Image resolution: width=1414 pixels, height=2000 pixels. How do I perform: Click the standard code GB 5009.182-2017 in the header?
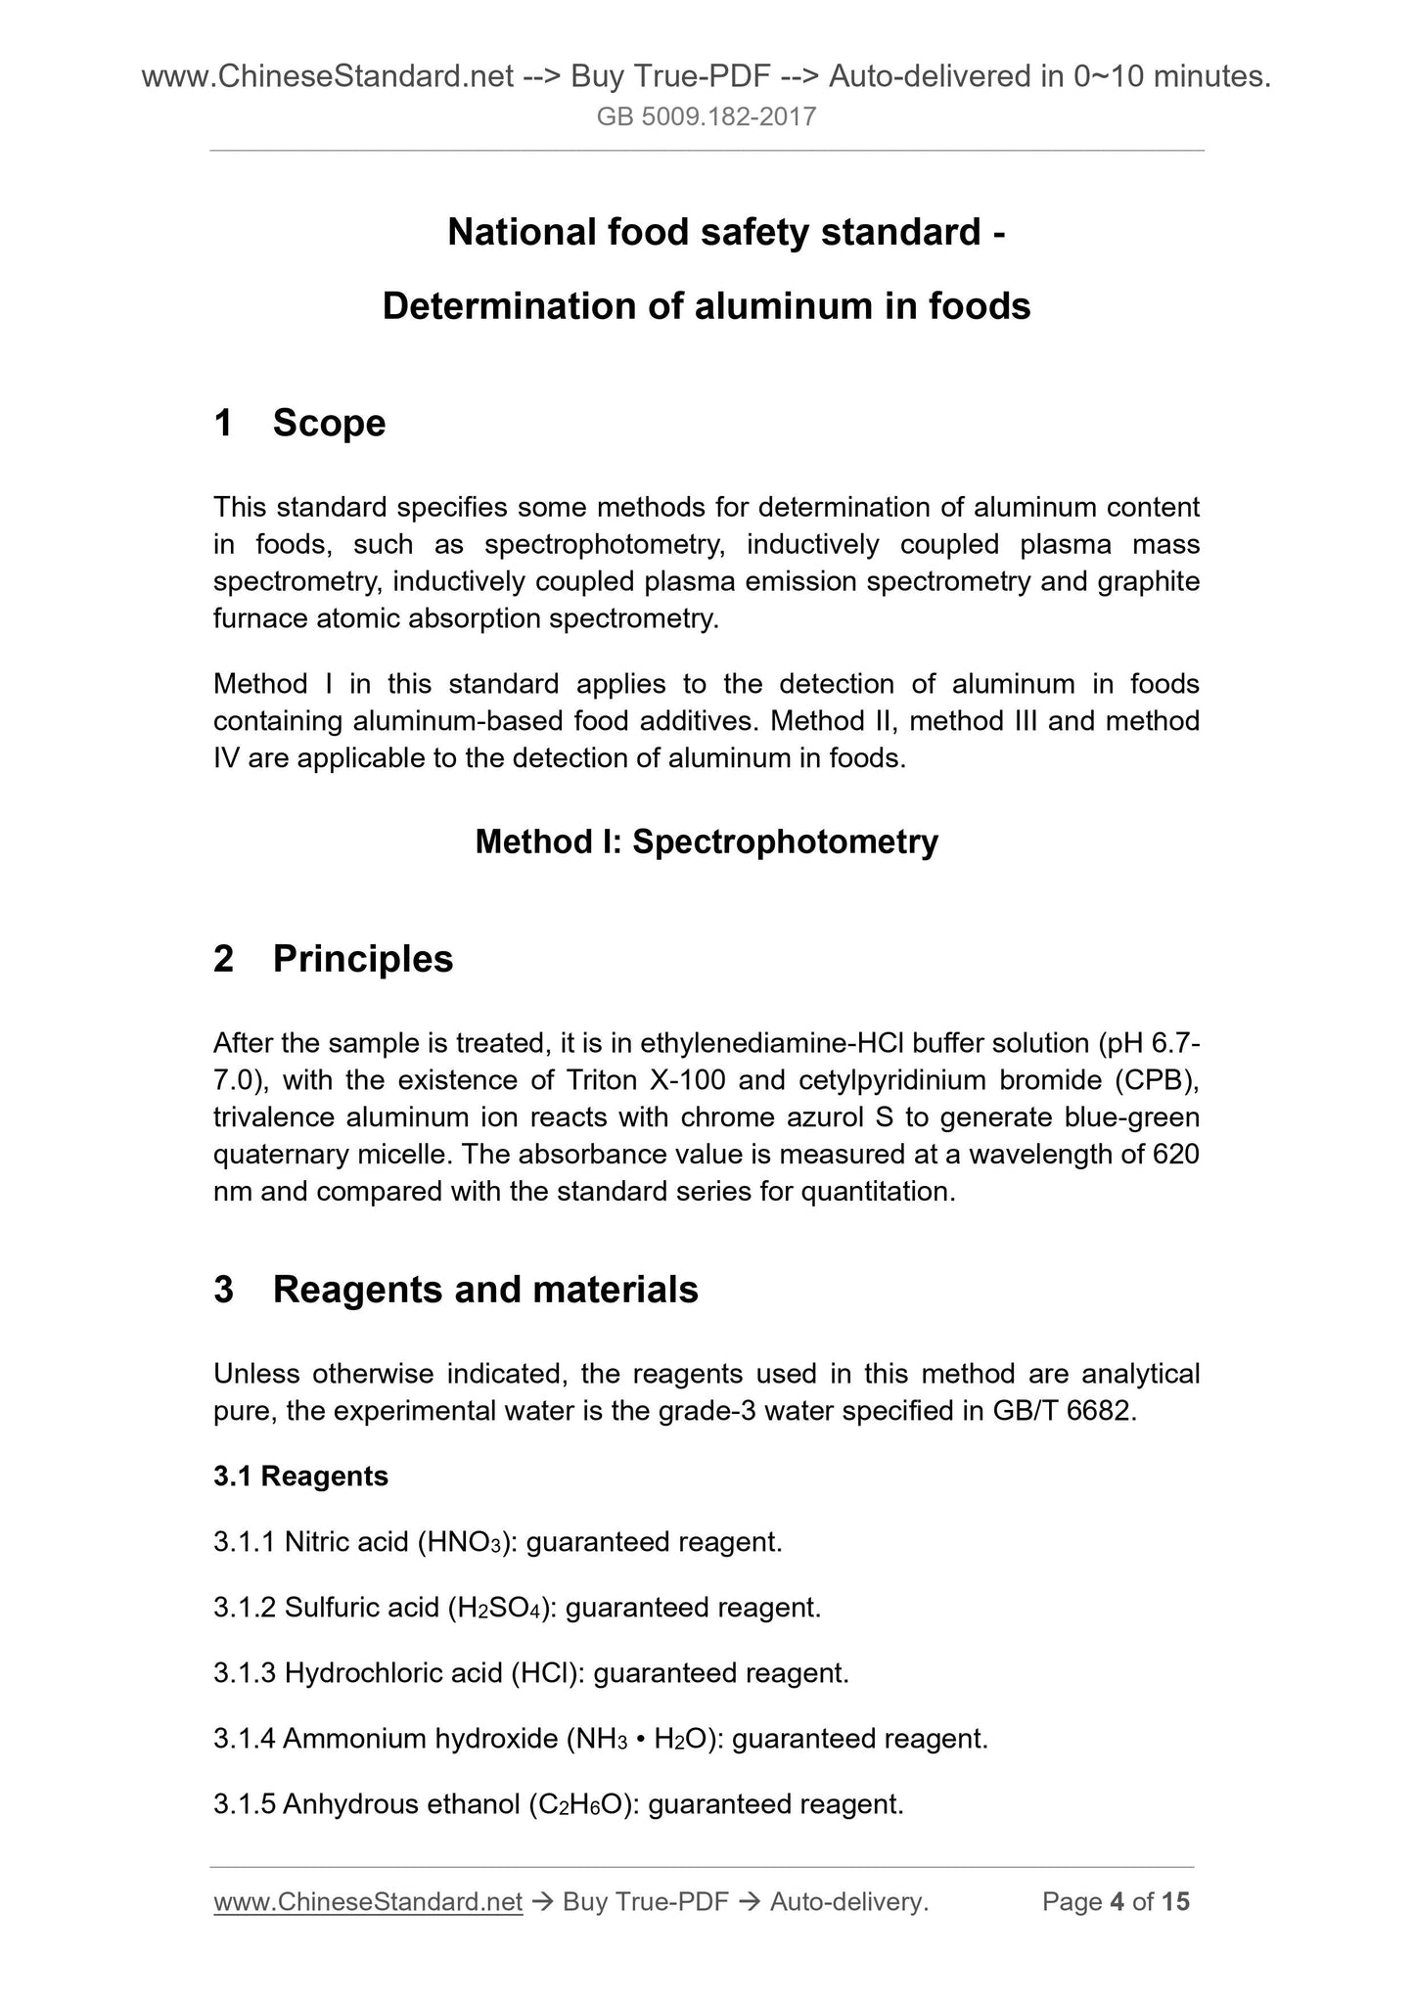tap(707, 118)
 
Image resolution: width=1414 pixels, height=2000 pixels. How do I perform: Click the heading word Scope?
tap(329, 424)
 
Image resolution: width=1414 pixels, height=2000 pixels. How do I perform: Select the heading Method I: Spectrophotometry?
tap(707, 841)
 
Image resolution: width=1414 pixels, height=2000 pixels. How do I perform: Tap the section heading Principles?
tap(363, 959)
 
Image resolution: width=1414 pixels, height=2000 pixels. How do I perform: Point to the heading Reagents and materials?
tap(485, 1290)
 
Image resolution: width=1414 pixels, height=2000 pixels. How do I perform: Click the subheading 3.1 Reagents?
tap(300, 1477)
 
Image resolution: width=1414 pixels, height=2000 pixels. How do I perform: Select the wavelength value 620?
tap(1176, 1156)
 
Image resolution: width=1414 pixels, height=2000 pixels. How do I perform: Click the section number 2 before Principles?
tap(224, 959)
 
